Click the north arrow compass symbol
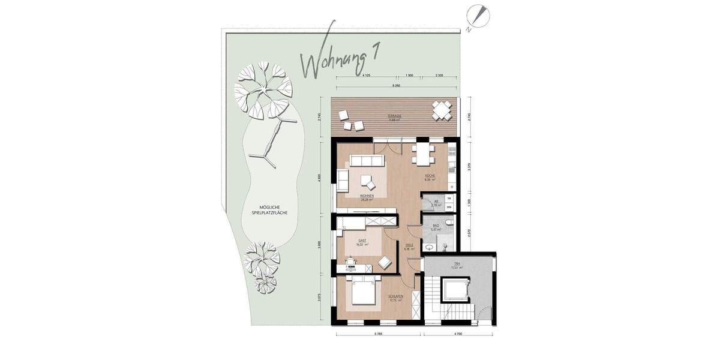coord(481,16)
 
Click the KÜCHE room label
coord(430,177)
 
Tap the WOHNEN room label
coord(367,197)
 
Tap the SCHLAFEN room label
coord(395,298)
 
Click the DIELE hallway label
coord(410,246)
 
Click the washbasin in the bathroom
coord(430,245)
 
